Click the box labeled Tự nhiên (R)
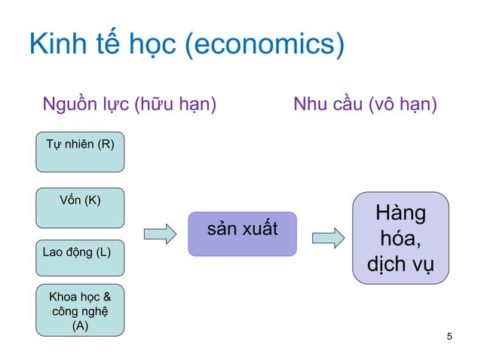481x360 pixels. click(x=80, y=151)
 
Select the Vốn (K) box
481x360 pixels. click(x=80, y=208)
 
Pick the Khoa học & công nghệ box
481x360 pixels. click(x=80, y=310)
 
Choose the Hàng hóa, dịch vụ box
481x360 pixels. click(x=400, y=238)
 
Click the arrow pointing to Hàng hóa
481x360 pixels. click(x=327, y=238)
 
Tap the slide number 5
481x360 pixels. click(x=450, y=336)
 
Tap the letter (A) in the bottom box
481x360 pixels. click(x=80, y=326)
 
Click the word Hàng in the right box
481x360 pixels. click(x=400, y=214)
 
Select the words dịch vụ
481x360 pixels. click(x=400, y=266)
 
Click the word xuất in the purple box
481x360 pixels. click(x=259, y=227)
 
